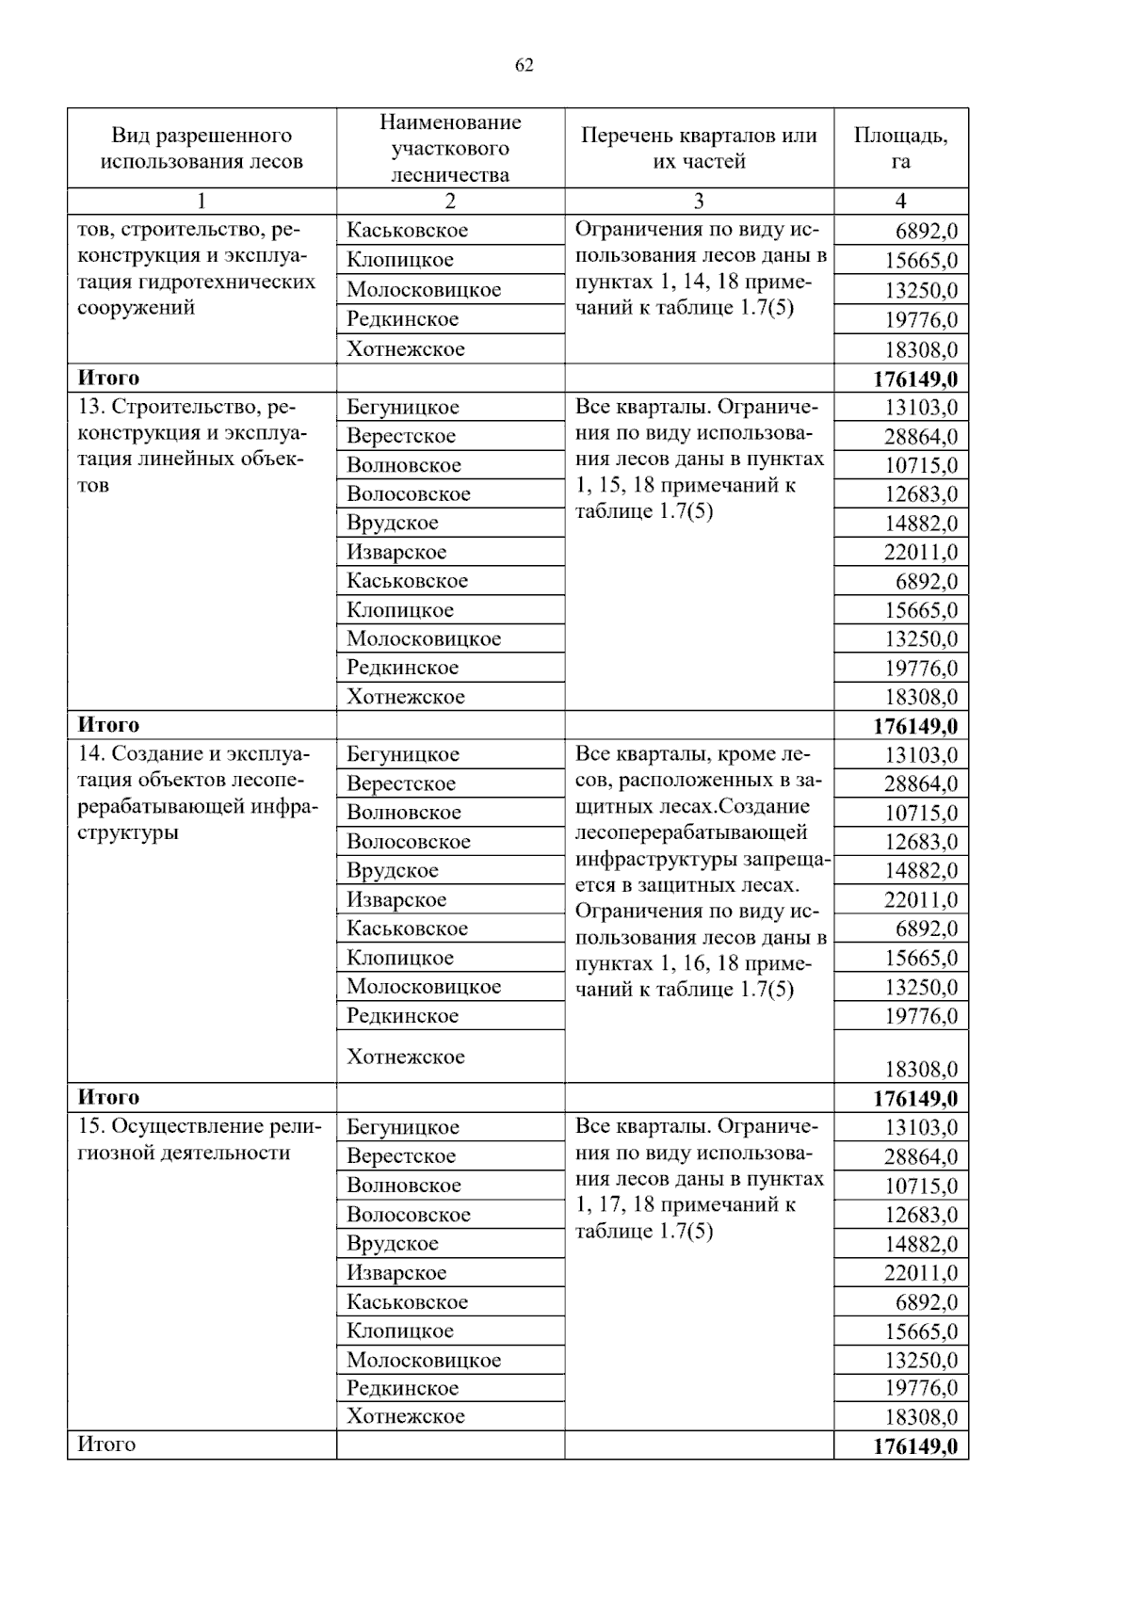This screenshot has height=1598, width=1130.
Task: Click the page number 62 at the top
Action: (x=525, y=64)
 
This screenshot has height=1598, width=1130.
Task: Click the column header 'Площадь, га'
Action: (x=900, y=148)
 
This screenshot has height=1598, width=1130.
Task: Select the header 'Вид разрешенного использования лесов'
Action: (x=202, y=148)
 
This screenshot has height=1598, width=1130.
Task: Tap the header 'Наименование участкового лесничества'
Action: (x=450, y=148)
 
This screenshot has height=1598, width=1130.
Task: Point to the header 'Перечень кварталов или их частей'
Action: (x=699, y=148)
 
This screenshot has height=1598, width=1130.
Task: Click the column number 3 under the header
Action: (x=699, y=201)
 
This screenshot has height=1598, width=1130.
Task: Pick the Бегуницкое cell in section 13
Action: (x=403, y=407)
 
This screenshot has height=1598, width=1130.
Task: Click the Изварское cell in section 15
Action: (x=396, y=1272)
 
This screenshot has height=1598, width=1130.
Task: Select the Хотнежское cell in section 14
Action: (x=406, y=1057)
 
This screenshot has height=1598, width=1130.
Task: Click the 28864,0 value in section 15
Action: (x=920, y=1157)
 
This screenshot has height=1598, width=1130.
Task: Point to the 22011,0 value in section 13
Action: (x=920, y=553)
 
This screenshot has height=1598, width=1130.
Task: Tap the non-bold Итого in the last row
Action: (x=106, y=1445)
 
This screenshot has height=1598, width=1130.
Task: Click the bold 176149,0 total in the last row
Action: (x=914, y=1446)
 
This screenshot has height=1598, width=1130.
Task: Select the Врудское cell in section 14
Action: (x=393, y=870)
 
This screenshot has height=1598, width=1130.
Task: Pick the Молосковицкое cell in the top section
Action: (x=424, y=289)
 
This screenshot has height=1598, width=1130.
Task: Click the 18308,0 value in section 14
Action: (x=920, y=1069)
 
